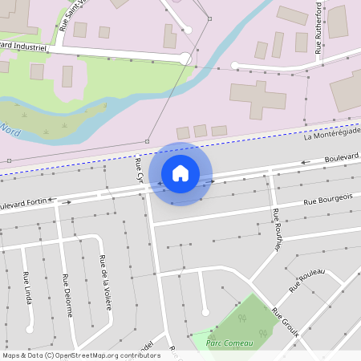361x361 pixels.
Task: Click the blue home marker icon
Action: coord(180,172)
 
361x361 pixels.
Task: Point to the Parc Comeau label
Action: coord(229,343)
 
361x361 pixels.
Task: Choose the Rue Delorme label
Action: coord(67,296)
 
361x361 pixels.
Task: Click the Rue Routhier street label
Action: coord(277,229)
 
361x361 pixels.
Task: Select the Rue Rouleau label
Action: coord(307,279)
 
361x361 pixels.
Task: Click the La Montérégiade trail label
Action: coord(332,132)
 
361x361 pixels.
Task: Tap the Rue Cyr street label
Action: coord(138,170)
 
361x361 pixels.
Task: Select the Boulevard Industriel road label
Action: coord(24,47)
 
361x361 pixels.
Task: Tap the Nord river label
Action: coord(10,128)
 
